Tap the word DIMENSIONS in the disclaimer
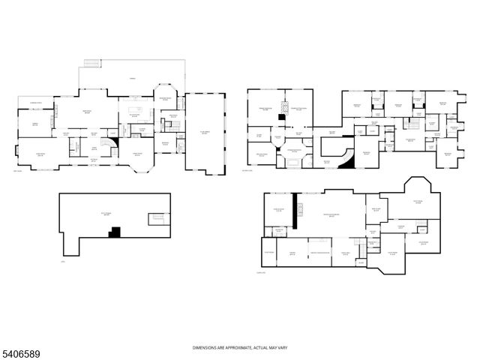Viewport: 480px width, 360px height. click(x=205, y=347)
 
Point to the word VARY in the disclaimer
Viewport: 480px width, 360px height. click(x=280, y=347)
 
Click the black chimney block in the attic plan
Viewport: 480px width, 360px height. click(x=114, y=233)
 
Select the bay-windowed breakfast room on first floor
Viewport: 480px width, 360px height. click(x=164, y=98)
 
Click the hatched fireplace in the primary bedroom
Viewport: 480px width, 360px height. click(x=281, y=118)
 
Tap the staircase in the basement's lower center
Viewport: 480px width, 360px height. click(x=361, y=262)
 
